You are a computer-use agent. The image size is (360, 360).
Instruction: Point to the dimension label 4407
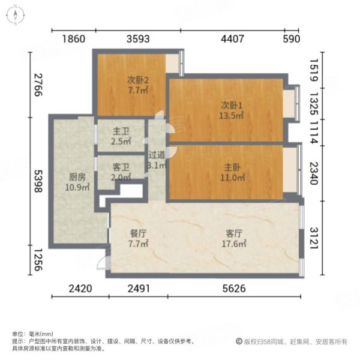pos(233,40)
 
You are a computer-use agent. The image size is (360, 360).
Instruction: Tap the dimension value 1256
pos(37,260)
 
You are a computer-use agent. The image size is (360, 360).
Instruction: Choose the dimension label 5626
pos(235,289)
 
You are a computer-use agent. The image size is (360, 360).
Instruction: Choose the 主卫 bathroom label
pos(121,130)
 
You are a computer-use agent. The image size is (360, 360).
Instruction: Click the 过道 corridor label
pos(157,155)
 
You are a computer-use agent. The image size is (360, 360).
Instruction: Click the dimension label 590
pos(290,40)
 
